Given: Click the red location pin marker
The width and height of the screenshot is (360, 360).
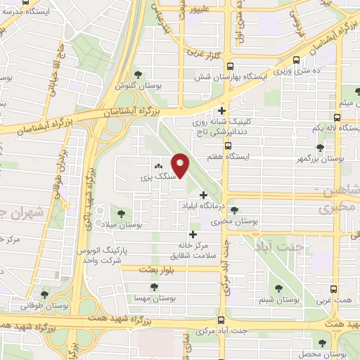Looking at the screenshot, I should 182,166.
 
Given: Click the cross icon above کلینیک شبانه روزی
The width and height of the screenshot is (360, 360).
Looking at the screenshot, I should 222,110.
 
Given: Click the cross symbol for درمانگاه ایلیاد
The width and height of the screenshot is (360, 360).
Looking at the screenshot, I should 204,195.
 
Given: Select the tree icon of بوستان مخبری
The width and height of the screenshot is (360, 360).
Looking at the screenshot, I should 234,210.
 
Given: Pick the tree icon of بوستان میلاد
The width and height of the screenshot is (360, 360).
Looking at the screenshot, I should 122,212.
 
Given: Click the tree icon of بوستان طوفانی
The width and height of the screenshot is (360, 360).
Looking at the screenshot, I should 45,295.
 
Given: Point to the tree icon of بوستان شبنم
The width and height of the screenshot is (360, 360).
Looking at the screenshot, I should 279,288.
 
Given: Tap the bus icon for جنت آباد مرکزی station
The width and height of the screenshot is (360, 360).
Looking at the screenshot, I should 221,320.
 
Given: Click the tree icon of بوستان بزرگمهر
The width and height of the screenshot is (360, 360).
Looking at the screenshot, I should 321,148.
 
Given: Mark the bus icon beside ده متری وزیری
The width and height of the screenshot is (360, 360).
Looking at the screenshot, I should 297,60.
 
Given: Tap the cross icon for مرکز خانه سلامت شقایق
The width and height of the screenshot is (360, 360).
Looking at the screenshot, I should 193,234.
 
